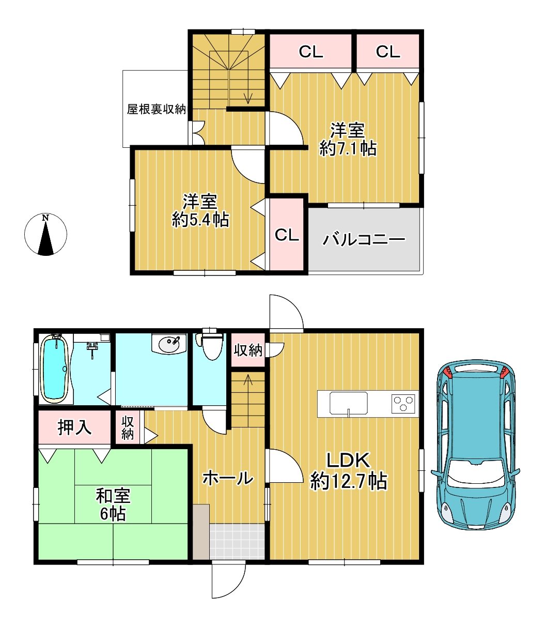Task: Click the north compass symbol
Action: pyautogui.click(x=45, y=235)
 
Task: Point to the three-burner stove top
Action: pyautogui.click(x=404, y=403)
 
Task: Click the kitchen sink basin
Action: pyautogui.click(x=348, y=403)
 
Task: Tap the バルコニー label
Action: pyautogui.click(x=364, y=239)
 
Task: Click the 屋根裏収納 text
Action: pyautogui.click(x=157, y=109)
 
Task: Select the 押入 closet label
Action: pyautogui.click(x=74, y=427)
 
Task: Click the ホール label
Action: pyautogui.click(x=228, y=478)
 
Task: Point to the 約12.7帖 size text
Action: pyautogui.click(x=349, y=481)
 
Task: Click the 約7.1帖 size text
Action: pyautogui.click(x=348, y=149)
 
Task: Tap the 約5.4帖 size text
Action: pyautogui.click(x=200, y=219)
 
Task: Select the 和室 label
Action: pyautogui.click(x=113, y=496)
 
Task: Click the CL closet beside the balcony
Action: pyautogui.click(x=287, y=235)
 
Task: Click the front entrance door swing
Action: pyautogui.click(x=229, y=580)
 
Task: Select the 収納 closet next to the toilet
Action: pyautogui.click(x=247, y=350)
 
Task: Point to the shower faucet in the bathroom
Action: pyautogui.click(x=92, y=349)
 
